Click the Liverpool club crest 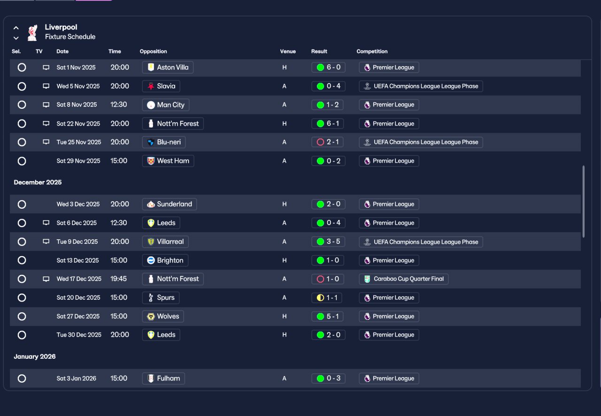click(32, 33)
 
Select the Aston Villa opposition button click(168, 67)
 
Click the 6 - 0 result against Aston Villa click(328, 67)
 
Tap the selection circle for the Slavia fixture click(22, 86)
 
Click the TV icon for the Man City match click(46, 105)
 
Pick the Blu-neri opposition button click(164, 142)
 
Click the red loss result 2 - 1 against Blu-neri click(327, 142)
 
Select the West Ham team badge click(151, 161)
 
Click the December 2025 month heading click(38, 182)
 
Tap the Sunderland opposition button click(170, 204)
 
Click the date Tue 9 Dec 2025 click(77, 242)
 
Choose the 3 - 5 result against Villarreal click(328, 242)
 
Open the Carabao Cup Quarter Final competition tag click(403, 279)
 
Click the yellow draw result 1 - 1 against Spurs click(327, 298)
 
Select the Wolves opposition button click(163, 316)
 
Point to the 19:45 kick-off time click(119, 279)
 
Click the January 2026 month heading click(35, 356)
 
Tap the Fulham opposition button click(163, 378)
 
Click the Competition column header click(372, 52)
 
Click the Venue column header click(288, 52)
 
